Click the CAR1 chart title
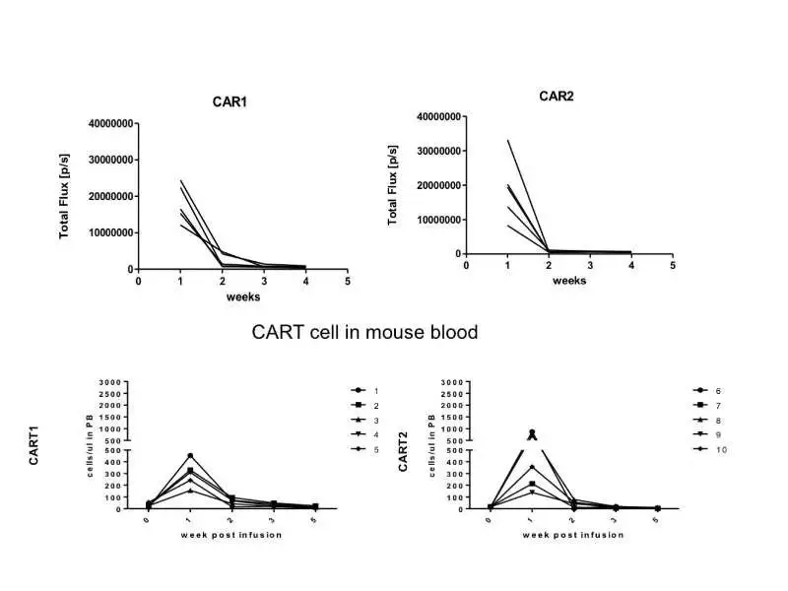[x=230, y=102]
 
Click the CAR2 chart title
[x=556, y=96]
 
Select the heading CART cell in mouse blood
[x=365, y=332]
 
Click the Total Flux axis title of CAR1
[x=65, y=196]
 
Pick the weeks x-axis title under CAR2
[x=569, y=281]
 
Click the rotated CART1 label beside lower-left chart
[x=35, y=447]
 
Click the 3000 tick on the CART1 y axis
[x=107, y=382]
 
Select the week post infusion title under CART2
[x=573, y=535]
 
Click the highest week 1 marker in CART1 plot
[x=190, y=456]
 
